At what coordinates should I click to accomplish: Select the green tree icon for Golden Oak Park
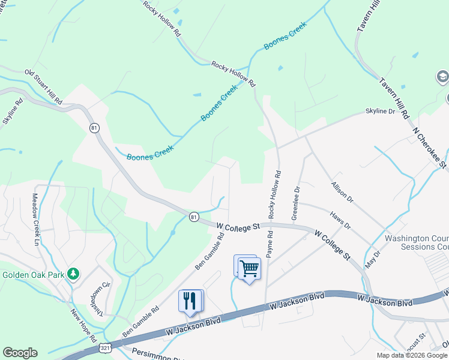click(73, 274)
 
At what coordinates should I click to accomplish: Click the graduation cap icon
click(442, 77)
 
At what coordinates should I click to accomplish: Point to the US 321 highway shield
click(104, 347)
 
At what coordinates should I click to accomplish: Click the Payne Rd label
click(270, 244)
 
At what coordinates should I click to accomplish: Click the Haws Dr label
click(340, 218)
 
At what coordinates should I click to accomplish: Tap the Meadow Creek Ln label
click(35, 219)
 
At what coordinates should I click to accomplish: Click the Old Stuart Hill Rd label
click(43, 88)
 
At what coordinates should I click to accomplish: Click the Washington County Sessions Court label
click(417, 242)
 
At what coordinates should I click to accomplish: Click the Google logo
click(20, 353)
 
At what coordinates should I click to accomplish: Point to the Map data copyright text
click(412, 355)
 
